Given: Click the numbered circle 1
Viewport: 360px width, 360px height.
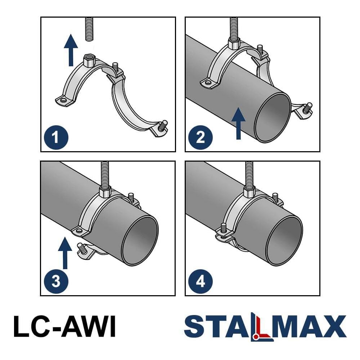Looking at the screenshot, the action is [x=56, y=138].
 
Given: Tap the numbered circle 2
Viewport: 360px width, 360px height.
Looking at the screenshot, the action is [x=201, y=138].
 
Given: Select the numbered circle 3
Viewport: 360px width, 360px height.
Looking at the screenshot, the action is [x=56, y=282].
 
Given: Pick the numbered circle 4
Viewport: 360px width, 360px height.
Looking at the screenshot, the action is [x=201, y=282].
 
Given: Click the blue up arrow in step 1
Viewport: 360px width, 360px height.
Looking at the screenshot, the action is [x=71, y=50].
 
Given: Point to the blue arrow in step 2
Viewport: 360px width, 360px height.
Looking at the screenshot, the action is [x=239, y=123].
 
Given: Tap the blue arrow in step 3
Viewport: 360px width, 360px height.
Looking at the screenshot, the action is [x=65, y=253].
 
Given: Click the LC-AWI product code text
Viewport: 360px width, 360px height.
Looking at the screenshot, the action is [x=64, y=326].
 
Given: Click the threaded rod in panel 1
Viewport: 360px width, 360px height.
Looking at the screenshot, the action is [x=89, y=29].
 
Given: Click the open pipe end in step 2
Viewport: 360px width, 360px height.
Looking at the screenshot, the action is [x=273, y=117].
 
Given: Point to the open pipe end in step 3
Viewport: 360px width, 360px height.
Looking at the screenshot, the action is [x=140, y=241].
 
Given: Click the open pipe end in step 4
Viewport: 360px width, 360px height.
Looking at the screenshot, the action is [x=284, y=241].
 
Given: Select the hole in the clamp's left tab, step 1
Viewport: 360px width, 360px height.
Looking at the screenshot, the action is [x=63, y=100].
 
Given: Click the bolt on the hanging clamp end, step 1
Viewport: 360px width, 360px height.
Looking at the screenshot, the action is [x=163, y=125].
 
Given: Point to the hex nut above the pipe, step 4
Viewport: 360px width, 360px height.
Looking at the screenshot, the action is [x=249, y=192].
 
